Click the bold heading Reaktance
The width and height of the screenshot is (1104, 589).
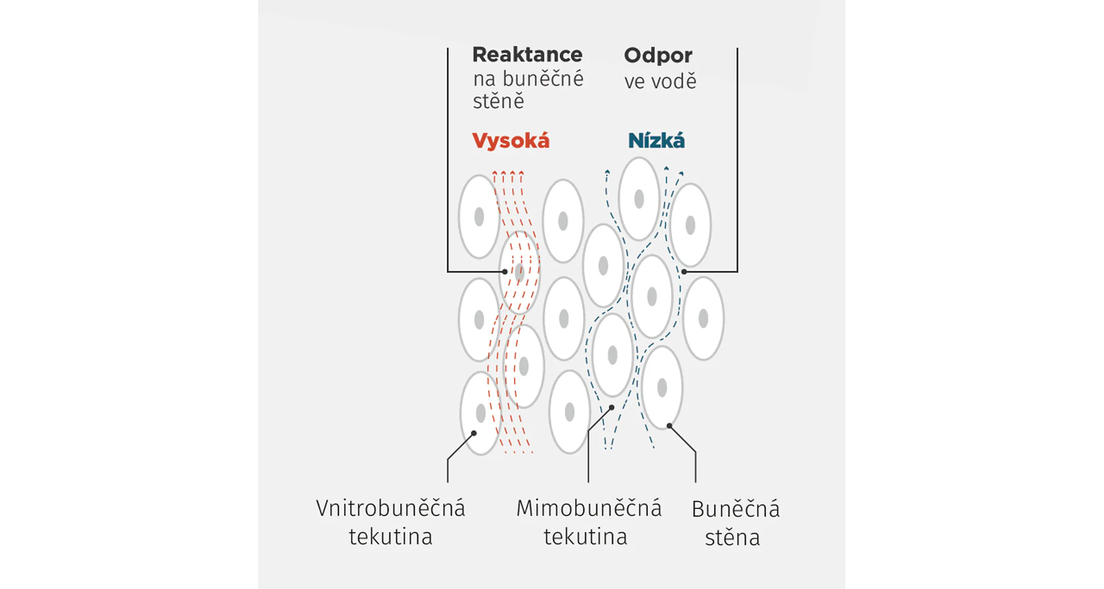527,55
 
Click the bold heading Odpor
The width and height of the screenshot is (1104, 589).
658,55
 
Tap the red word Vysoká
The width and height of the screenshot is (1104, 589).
511,141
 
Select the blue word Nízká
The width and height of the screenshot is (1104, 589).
656,141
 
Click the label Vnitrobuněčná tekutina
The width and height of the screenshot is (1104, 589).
390,522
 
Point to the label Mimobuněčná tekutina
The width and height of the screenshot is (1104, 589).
588,522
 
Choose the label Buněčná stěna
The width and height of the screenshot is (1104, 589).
735,523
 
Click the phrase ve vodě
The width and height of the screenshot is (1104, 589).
660,81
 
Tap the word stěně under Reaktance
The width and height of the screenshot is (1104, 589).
499,101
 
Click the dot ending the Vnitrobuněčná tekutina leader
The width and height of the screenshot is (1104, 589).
474,433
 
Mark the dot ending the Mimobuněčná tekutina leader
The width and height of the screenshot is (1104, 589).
612,407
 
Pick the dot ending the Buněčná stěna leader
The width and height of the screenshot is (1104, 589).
669,426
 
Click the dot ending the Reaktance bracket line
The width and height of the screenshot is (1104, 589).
505,271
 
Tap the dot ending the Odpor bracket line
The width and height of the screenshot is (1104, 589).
684,271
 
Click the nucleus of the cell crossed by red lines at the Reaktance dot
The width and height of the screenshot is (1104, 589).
520,273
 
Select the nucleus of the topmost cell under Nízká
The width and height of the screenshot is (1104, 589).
639,199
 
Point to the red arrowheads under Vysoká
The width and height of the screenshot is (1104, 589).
508,173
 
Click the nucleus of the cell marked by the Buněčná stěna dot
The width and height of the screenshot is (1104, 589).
662,388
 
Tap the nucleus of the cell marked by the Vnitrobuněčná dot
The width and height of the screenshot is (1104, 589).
481,413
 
